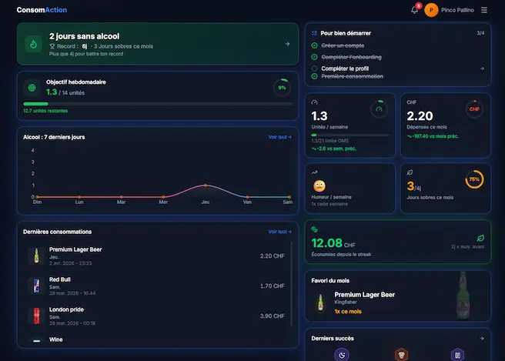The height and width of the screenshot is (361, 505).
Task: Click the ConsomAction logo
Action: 42,10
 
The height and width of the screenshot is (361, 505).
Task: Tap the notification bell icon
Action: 414,10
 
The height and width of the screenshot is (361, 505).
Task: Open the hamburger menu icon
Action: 484,10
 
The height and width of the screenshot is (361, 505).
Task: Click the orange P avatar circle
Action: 431,10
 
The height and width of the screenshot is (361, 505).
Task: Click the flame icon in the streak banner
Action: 33,45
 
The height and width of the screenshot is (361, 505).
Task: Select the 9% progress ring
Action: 282,88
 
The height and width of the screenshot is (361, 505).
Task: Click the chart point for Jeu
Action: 206,186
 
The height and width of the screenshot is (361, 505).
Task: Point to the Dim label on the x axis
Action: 37,202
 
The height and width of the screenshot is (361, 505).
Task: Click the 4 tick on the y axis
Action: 33,150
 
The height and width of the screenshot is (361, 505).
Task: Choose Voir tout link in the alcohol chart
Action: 279,137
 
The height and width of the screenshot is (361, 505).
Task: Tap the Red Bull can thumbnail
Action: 35,286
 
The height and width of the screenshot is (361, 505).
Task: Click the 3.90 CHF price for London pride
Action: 273,316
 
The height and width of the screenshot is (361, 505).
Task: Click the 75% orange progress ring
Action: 474,179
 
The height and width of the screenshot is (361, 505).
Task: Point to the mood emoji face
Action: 319,186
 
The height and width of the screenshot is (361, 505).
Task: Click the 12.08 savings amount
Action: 326,244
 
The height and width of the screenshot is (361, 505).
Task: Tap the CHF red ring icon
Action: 474,109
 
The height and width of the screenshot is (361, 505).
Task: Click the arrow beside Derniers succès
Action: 481,338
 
